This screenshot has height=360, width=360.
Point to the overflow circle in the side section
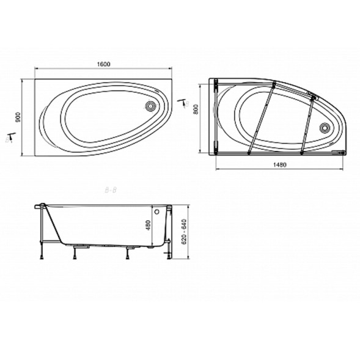coord(162,211)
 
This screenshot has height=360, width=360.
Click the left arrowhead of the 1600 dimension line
coord(35,68)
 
